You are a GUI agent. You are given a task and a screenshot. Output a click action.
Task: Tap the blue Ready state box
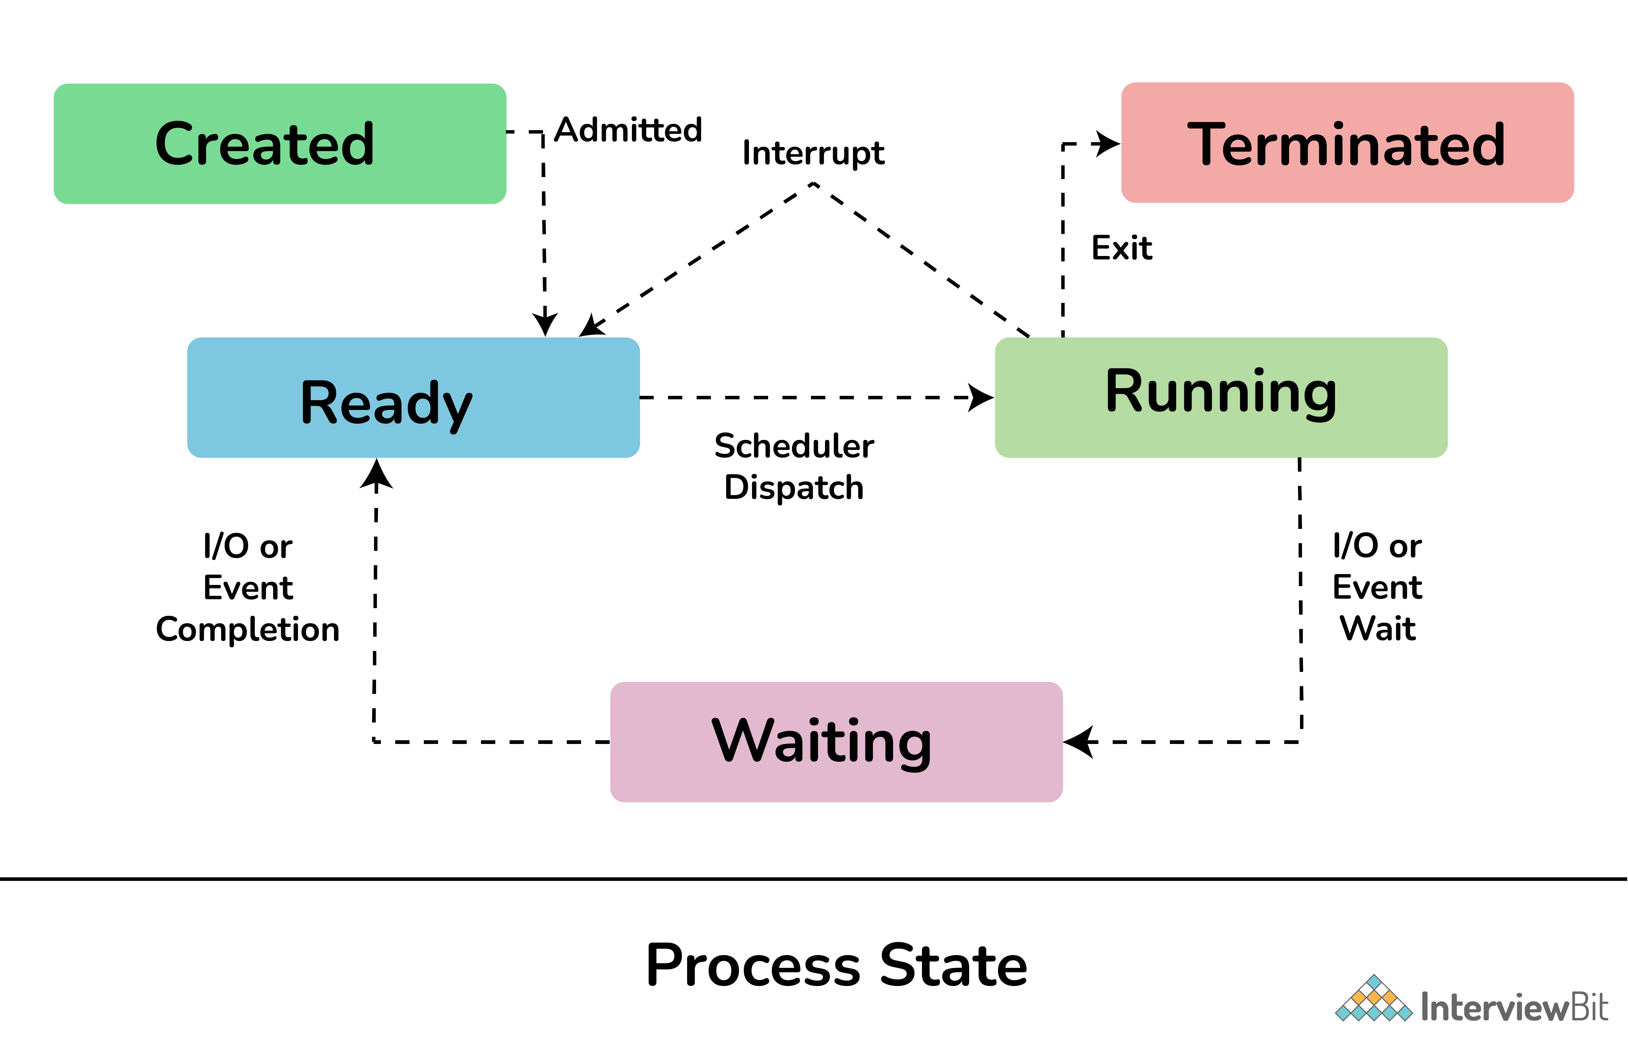413,398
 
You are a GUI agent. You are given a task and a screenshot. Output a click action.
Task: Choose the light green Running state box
1221,398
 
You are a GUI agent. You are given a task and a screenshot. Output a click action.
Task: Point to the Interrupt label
813,153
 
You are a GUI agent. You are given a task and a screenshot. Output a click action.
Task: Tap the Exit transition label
1121,248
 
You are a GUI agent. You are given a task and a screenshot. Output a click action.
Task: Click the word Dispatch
794,488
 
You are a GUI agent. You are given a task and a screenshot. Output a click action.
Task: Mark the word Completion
248,629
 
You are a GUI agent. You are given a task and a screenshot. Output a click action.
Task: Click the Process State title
836,966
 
